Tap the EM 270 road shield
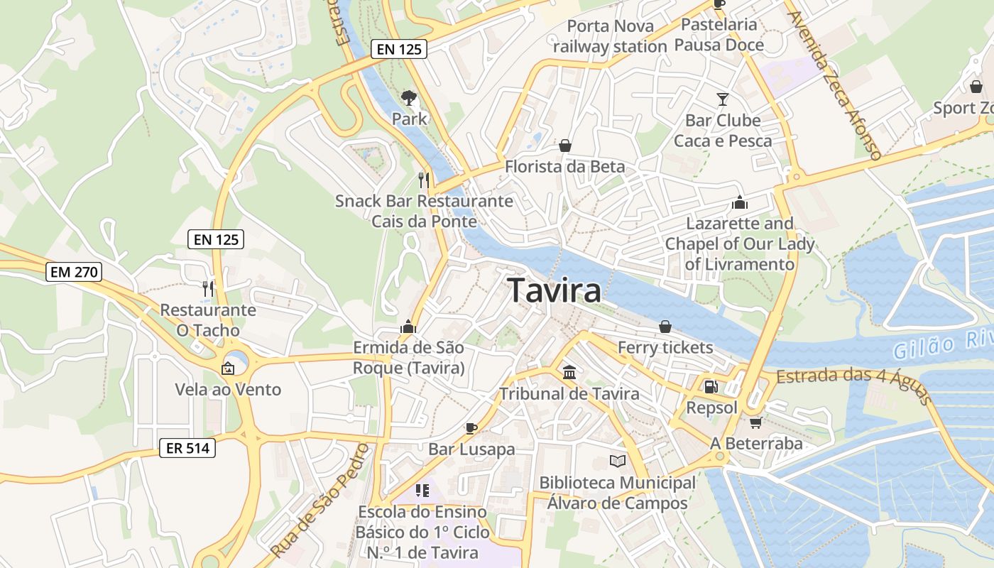pyautogui.click(x=74, y=271)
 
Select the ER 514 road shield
pyautogui.click(x=187, y=448)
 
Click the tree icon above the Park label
pyautogui.click(x=409, y=97)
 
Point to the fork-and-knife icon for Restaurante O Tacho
pyautogui.click(x=208, y=288)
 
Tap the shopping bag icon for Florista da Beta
pyautogui.click(x=565, y=146)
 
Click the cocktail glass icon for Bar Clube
pyautogui.click(x=723, y=99)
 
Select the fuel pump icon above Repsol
pyautogui.click(x=711, y=387)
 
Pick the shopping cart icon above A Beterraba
pyautogui.click(x=755, y=422)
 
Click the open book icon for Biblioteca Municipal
pyautogui.click(x=618, y=461)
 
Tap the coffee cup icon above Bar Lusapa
pyautogui.click(x=471, y=427)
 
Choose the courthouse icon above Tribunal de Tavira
pyautogui.click(x=569, y=372)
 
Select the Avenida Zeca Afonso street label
pyautogui.click(x=834, y=84)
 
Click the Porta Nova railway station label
pyautogui.click(x=610, y=36)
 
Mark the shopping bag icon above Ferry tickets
pyautogui.click(x=665, y=327)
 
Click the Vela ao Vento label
pyautogui.click(x=228, y=389)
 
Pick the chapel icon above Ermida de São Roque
pyautogui.click(x=408, y=327)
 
